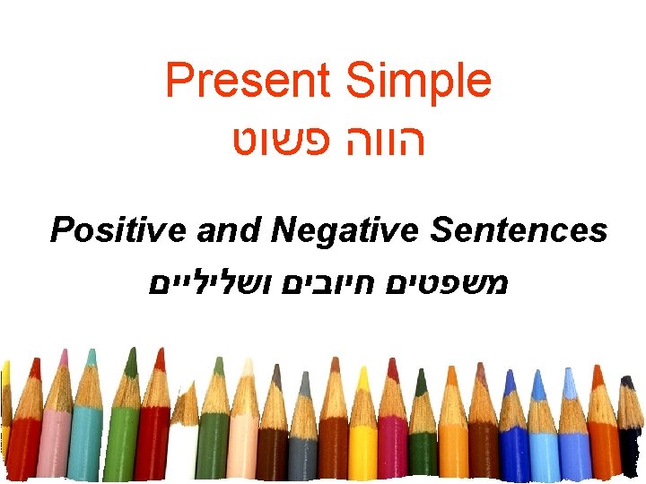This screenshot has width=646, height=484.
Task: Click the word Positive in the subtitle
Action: coord(119,231)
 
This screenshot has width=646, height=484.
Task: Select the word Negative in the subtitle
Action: coord(345,230)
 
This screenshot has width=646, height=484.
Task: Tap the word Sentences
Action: coord(519,230)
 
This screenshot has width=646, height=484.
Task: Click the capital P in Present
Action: coord(179,82)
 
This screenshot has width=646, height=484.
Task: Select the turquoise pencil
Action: coord(86,430)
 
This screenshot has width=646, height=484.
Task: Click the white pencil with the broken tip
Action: coord(183,439)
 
